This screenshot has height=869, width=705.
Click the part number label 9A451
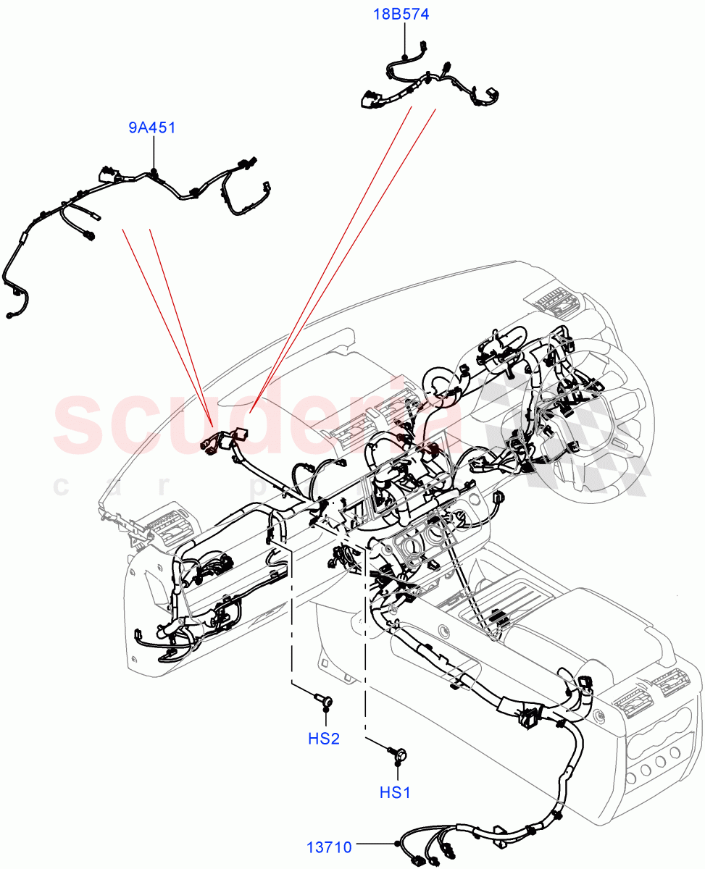pos(152,128)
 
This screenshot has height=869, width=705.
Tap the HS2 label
pos(324,739)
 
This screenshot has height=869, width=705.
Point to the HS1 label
pos(395,792)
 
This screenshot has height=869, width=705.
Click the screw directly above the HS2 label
pos(324,700)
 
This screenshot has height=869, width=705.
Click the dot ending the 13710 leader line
pos(397,844)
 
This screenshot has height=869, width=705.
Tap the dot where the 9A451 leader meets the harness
pos(154,172)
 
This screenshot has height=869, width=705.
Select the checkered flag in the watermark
pos(580,434)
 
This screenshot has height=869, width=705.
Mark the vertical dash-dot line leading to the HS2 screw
pos(292,616)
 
